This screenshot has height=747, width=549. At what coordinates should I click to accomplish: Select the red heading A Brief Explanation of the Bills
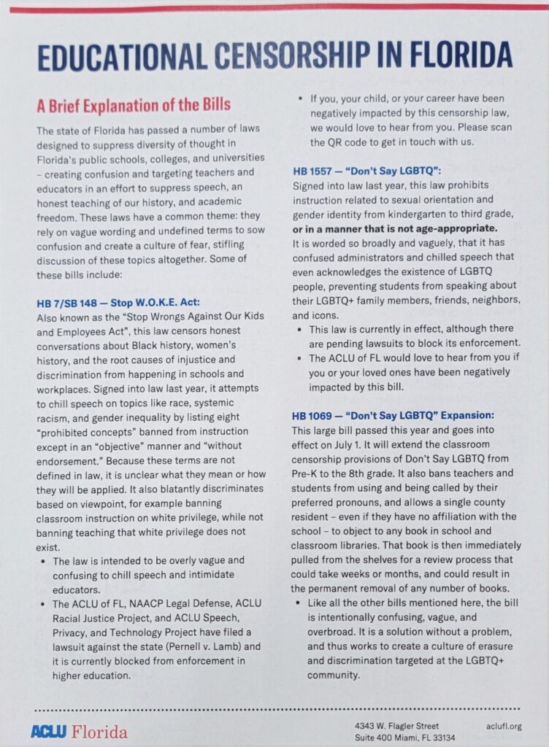pos(134,105)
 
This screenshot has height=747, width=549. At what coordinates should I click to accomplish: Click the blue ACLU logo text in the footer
pos(47,731)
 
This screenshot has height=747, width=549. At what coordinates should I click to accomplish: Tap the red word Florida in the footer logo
pos(98,731)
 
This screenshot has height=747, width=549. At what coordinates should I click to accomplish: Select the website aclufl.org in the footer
pos(504,726)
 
